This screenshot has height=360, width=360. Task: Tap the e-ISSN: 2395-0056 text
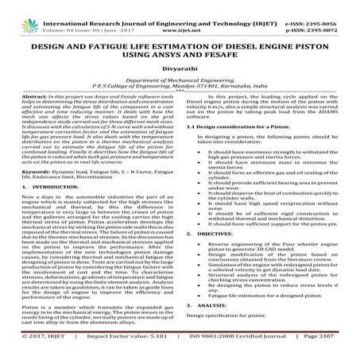coord(327,6)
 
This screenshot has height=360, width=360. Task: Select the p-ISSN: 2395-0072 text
coord(327,15)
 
